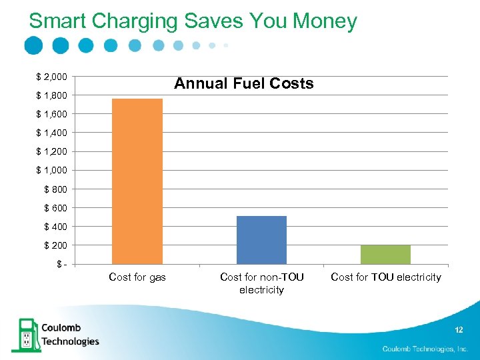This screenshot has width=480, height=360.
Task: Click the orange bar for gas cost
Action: pyautogui.click(x=137, y=181)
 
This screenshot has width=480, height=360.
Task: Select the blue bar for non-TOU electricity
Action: pyautogui.click(x=261, y=240)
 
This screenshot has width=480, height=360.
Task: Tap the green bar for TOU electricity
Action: pyautogui.click(x=385, y=255)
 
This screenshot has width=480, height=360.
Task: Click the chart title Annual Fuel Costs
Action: pyautogui.click(x=243, y=84)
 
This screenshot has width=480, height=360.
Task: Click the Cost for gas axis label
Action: pyautogui.click(x=137, y=277)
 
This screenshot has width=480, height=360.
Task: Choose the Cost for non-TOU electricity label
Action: pyautogui.click(x=261, y=283)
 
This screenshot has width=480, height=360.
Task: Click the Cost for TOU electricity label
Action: pyautogui.click(x=386, y=277)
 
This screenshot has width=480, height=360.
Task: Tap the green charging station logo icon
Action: pyautogui.click(x=25, y=335)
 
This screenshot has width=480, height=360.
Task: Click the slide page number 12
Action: pyautogui.click(x=459, y=331)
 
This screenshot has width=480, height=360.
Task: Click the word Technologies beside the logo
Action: pyautogui.click(x=70, y=341)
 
